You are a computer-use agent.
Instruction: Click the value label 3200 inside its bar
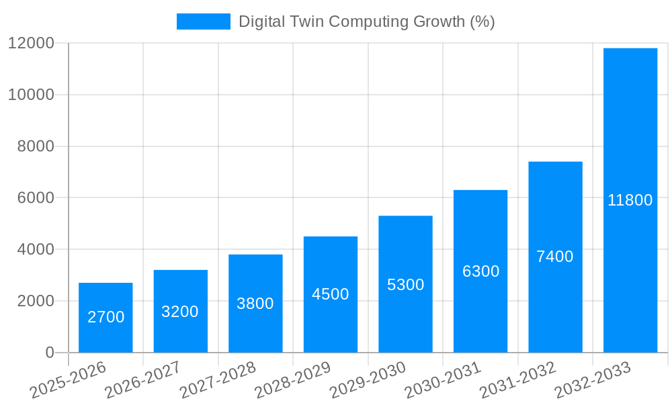[180, 312]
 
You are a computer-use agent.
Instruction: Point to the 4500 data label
[331, 294]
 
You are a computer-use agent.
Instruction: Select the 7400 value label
[555, 257]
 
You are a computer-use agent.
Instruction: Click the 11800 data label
[630, 200]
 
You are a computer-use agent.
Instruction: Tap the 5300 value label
[405, 285]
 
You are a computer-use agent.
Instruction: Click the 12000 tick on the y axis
[31, 44]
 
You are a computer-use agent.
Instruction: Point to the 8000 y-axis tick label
[36, 146]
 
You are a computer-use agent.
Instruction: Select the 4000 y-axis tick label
[36, 249]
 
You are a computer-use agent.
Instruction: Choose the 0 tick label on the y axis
[50, 353]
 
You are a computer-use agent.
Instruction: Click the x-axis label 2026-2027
[142, 380]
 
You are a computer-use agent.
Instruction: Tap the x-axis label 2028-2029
[292, 380]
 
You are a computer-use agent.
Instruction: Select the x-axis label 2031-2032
[517, 380]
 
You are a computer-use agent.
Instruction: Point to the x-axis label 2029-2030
[368, 380]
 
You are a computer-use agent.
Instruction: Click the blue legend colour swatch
[203, 21]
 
